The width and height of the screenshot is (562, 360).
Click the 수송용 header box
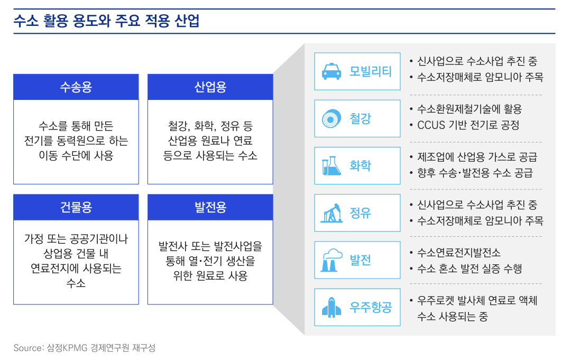click(x=76, y=87)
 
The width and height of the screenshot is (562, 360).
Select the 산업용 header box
click(x=210, y=87)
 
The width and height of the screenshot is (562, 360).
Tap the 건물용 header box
click(x=76, y=207)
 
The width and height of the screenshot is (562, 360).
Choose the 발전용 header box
click(x=210, y=207)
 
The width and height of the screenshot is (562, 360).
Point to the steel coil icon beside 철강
click(x=331, y=118)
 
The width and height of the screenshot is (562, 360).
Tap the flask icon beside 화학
click(x=331, y=166)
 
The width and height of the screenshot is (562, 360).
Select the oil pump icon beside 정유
click(x=331, y=213)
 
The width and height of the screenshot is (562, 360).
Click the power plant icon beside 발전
click(x=331, y=260)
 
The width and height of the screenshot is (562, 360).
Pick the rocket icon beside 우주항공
click(x=331, y=307)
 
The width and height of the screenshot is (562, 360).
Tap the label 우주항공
click(x=371, y=307)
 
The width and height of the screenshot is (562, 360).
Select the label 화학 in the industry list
click(x=360, y=166)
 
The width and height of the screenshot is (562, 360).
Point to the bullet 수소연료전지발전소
click(x=458, y=252)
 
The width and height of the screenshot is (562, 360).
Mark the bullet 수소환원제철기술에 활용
click(x=469, y=109)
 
